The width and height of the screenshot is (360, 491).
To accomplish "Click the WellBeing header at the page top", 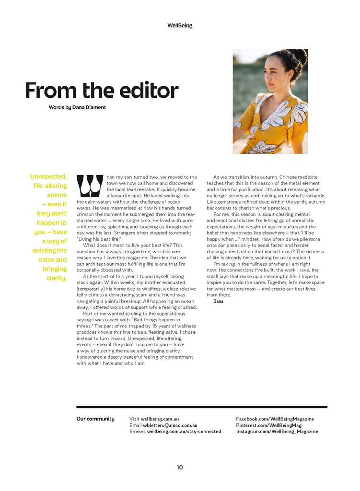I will click(x=180, y=25).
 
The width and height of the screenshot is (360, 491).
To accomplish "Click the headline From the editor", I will click(x=102, y=90).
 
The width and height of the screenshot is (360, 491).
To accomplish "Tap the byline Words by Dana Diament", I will click(x=77, y=107).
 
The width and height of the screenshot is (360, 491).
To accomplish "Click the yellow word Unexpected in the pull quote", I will click(x=48, y=176).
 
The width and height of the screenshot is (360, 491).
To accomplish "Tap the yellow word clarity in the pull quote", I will click(x=56, y=278).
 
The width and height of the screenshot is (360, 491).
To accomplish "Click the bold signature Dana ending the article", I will click(x=218, y=301).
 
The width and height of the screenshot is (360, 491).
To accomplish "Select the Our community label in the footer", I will click(x=95, y=419).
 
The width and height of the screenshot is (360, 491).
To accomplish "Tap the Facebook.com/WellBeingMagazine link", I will click(x=275, y=419).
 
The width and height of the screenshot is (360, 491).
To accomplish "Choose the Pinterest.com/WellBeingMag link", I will click(x=268, y=425).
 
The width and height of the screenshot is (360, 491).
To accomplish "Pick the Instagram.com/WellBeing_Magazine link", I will click(x=277, y=431).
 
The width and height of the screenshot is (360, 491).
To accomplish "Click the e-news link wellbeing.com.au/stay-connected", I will click(x=184, y=431).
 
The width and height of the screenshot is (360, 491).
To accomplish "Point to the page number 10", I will click(x=180, y=467).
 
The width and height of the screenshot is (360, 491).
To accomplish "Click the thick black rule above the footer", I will click(x=201, y=407).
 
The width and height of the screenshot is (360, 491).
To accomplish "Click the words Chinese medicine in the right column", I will click(x=298, y=177).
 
